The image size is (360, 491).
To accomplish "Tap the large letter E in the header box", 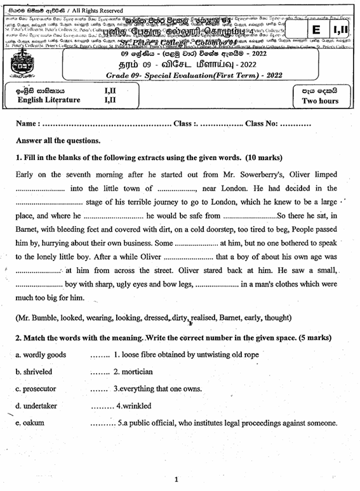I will click(316, 30).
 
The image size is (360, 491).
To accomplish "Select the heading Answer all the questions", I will click(58, 140).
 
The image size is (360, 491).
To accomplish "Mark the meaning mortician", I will click(133, 372).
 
